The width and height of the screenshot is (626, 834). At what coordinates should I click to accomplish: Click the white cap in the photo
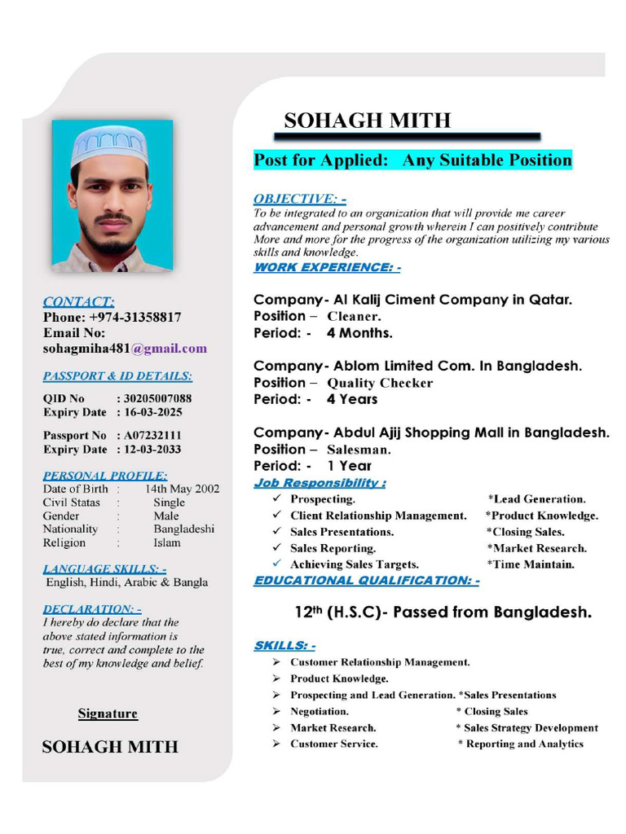click(x=108, y=145)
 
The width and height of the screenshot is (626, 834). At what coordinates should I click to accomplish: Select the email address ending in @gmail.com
click(x=125, y=349)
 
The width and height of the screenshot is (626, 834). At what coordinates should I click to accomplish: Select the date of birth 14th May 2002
click(x=182, y=489)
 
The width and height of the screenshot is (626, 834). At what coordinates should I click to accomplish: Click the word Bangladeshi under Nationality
click(x=184, y=529)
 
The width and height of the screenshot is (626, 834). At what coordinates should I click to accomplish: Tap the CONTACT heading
click(x=78, y=301)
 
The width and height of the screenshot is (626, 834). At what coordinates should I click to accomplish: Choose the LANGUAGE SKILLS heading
click(x=104, y=568)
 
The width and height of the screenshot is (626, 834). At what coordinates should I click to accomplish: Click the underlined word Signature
click(x=108, y=714)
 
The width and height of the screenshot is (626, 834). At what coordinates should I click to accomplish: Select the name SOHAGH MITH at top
click(x=367, y=121)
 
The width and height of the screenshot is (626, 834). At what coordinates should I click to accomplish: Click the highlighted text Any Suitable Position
click(x=487, y=160)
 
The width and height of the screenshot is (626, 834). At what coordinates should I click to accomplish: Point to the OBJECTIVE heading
click(x=299, y=199)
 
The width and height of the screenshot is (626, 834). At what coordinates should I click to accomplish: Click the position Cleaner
click(x=354, y=316)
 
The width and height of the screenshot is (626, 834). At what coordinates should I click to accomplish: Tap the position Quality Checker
click(x=380, y=383)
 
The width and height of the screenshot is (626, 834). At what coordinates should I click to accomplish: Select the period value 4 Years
click(x=352, y=399)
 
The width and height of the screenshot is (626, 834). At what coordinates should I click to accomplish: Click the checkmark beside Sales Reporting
click(x=277, y=548)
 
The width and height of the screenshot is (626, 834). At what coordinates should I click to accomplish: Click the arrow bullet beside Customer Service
click(x=277, y=744)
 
